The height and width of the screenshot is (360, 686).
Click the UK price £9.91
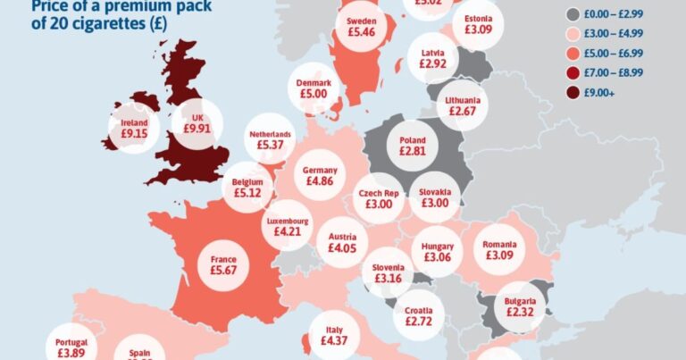coord(199,129)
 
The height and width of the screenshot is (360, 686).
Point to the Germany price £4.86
coord(320,180)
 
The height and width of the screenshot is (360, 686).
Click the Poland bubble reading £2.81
coord(412,152)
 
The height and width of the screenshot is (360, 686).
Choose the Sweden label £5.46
coord(361,31)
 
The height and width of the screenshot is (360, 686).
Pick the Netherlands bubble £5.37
coord(270,145)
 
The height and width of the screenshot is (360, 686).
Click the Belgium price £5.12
coord(246,191)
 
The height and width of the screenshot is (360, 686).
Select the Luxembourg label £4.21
coord(288,231)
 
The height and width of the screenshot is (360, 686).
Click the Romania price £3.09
coord(500,255)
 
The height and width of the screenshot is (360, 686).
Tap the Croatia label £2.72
coord(418,320)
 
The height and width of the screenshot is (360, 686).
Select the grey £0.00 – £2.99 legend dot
coord(573,15)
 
